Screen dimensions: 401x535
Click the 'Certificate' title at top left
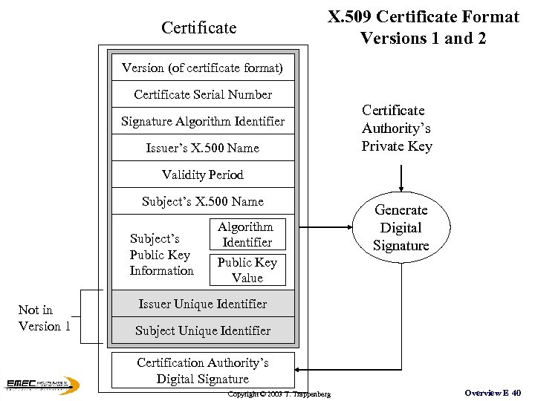click(x=198, y=28)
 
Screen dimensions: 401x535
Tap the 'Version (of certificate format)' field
click(x=202, y=68)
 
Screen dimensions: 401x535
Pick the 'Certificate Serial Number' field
click(x=202, y=94)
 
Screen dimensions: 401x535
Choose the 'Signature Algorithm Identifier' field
click(x=202, y=121)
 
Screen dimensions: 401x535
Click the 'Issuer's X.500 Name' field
click(x=202, y=148)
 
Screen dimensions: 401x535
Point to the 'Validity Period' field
click(x=202, y=175)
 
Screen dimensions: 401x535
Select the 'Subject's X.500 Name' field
click(x=202, y=201)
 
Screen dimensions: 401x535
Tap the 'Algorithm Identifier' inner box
click(x=247, y=235)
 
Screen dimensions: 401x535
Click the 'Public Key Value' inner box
click(x=247, y=270)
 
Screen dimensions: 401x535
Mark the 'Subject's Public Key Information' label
click(x=161, y=255)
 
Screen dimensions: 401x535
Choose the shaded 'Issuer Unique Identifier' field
click(x=202, y=304)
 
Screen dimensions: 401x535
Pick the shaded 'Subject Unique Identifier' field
click(x=202, y=330)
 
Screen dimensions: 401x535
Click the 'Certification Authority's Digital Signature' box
click(x=202, y=371)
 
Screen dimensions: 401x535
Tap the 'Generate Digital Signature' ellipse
click(x=401, y=228)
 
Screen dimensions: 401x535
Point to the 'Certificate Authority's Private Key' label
click(x=396, y=128)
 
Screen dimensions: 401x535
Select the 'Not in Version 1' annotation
click(x=44, y=318)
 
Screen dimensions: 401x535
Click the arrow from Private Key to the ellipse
click(x=401, y=178)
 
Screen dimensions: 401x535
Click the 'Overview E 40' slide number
click(x=492, y=392)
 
